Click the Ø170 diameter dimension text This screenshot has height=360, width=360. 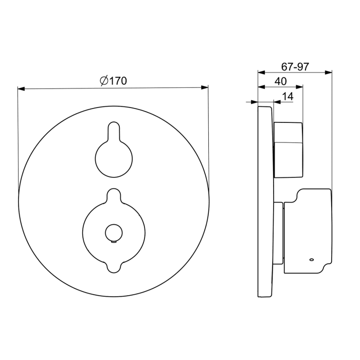click(x=113, y=80)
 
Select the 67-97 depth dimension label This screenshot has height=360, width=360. click(x=295, y=66)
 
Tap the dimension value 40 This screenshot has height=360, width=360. click(x=280, y=81)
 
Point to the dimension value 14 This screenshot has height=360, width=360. click(x=287, y=96)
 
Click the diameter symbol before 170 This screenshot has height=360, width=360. click(x=103, y=80)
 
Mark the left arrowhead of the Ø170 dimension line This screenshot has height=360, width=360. click(x=21, y=88)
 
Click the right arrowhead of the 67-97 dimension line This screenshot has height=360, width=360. click(x=329, y=73)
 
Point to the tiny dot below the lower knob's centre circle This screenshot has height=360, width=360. click(x=113, y=240)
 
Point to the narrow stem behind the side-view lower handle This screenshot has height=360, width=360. click(x=278, y=231)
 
